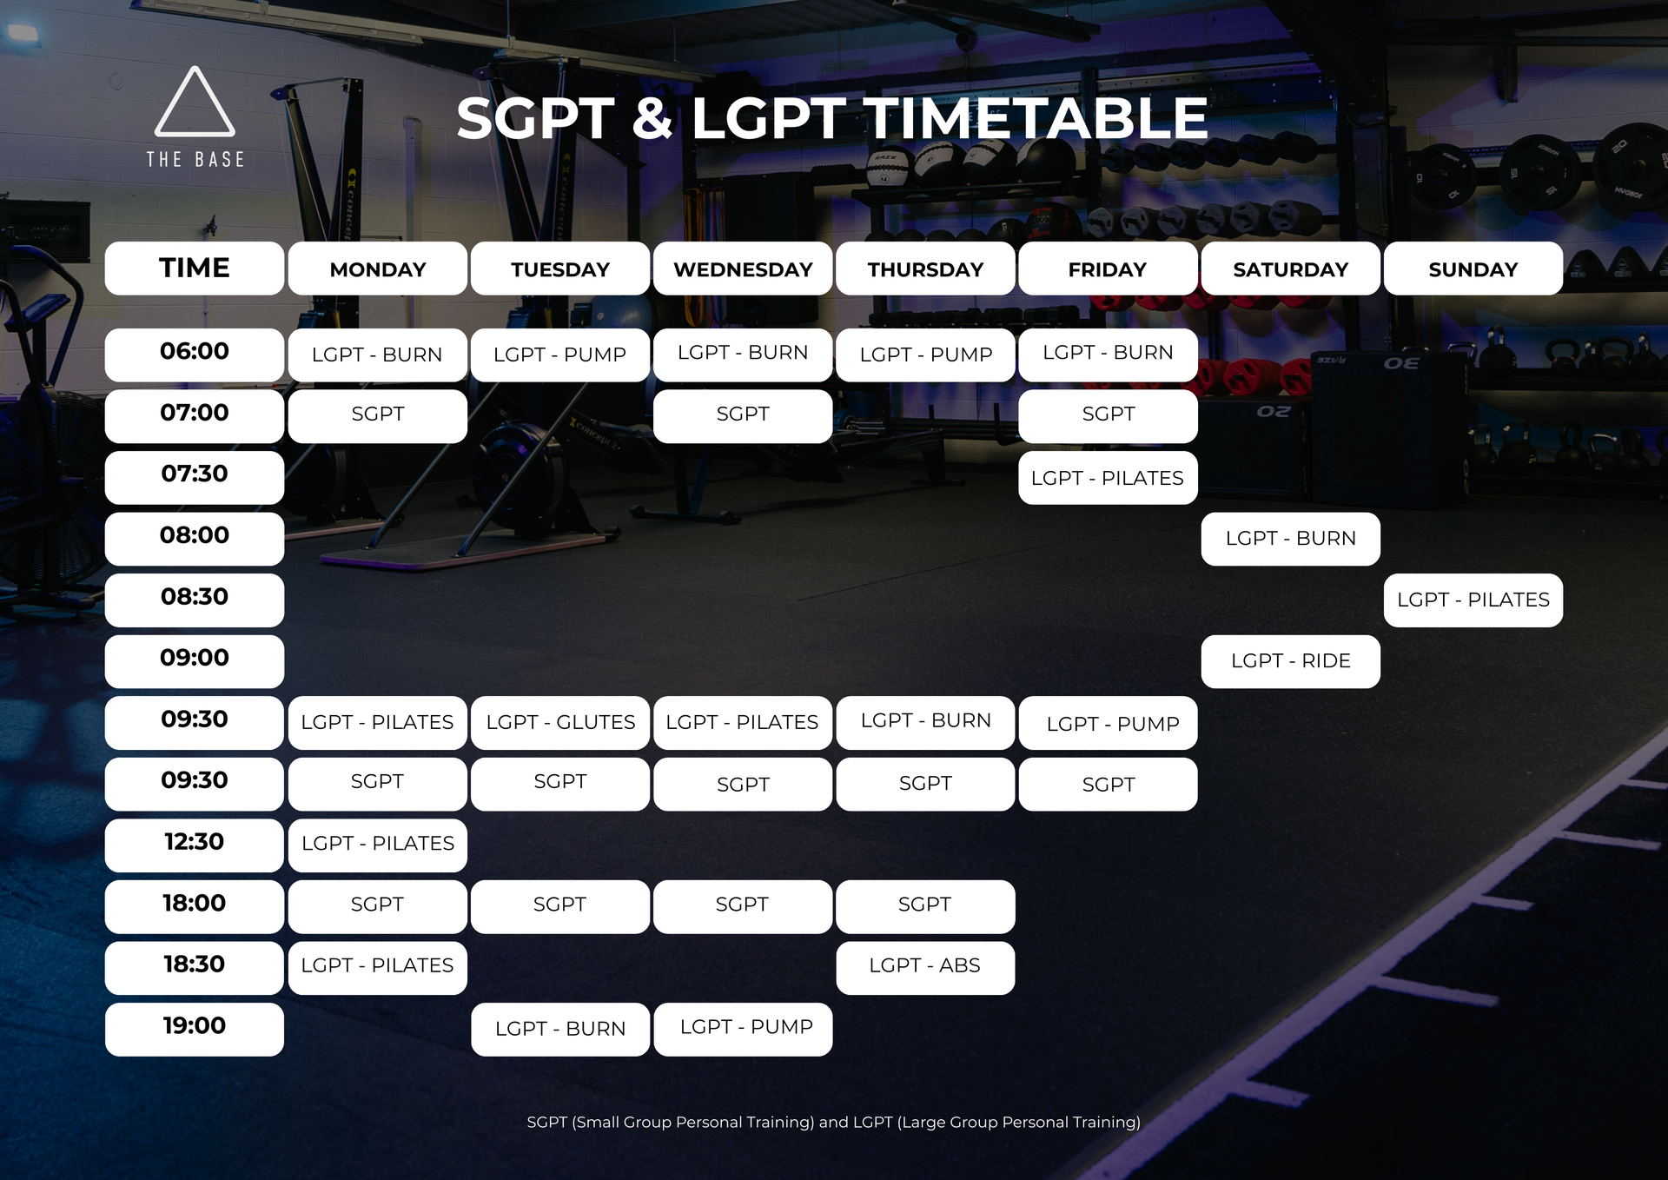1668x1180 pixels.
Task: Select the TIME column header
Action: click(x=195, y=268)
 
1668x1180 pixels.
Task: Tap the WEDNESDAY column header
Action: click(x=743, y=268)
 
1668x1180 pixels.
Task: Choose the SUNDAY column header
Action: click(x=1473, y=268)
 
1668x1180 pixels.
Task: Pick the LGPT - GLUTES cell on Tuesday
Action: click(x=560, y=723)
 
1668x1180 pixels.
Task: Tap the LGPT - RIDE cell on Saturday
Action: click(x=1291, y=661)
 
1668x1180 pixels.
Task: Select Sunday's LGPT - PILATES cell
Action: click(x=1473, y=600)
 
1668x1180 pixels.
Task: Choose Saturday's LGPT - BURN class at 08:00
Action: click(x=1291, y=539)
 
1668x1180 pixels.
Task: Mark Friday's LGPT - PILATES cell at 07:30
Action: click(x=1108, y=478)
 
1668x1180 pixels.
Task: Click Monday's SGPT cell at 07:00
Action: click(x=378, y=416)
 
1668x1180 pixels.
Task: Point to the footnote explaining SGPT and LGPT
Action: click(x=834, y=1122)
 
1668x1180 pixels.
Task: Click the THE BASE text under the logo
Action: click(x=195, y=160)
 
